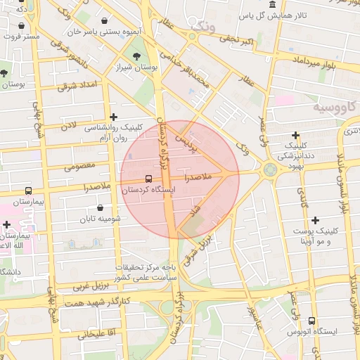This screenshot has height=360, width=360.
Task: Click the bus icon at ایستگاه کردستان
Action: click(148, 179)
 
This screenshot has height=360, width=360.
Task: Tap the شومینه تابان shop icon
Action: click(102, 208)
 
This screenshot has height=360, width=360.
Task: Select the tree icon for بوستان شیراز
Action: click(136, 56)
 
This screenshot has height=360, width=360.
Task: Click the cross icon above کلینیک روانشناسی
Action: click(114, 117)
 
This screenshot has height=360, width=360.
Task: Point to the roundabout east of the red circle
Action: click(269, 169)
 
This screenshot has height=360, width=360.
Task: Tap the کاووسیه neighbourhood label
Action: click(331, 107)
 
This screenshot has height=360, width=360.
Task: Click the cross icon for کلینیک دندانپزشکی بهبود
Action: click(295, 135)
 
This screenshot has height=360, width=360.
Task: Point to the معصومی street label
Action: click(79, 167)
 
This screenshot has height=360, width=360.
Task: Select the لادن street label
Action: click(67, 127)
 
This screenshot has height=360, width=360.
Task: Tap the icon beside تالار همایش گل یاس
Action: click(272, 5)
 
